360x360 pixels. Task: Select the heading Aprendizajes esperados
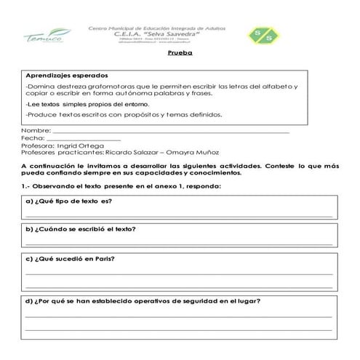coord(66,76)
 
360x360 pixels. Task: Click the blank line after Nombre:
coord(167,132)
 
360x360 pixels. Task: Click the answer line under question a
coord(179,215)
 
